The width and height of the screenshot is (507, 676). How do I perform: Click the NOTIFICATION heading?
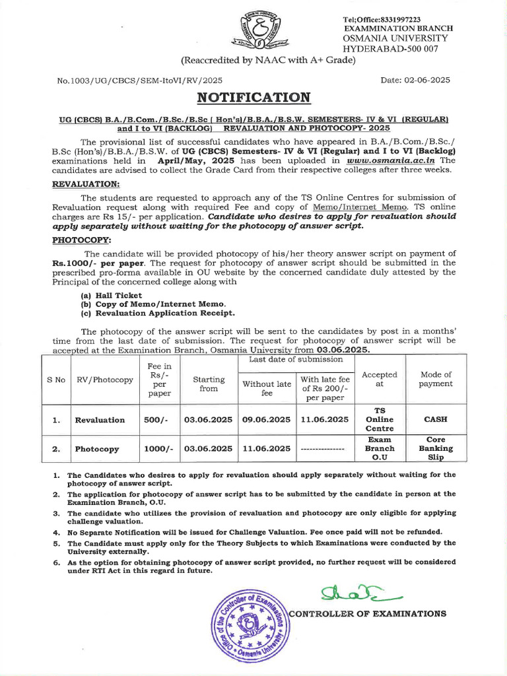coord(253,98)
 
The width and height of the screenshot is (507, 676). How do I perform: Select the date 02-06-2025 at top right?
coord(415,80)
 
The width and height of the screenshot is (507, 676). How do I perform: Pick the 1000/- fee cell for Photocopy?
coord(158,449)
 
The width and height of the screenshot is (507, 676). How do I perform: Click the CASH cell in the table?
coord(436,419)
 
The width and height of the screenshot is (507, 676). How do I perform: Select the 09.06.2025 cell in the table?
coord(266,420)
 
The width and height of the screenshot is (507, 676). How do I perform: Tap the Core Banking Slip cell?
coord(436,448)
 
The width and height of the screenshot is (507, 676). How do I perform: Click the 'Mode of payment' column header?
coord(436,379)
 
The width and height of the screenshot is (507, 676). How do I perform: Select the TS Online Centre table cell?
coord(380,419)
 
